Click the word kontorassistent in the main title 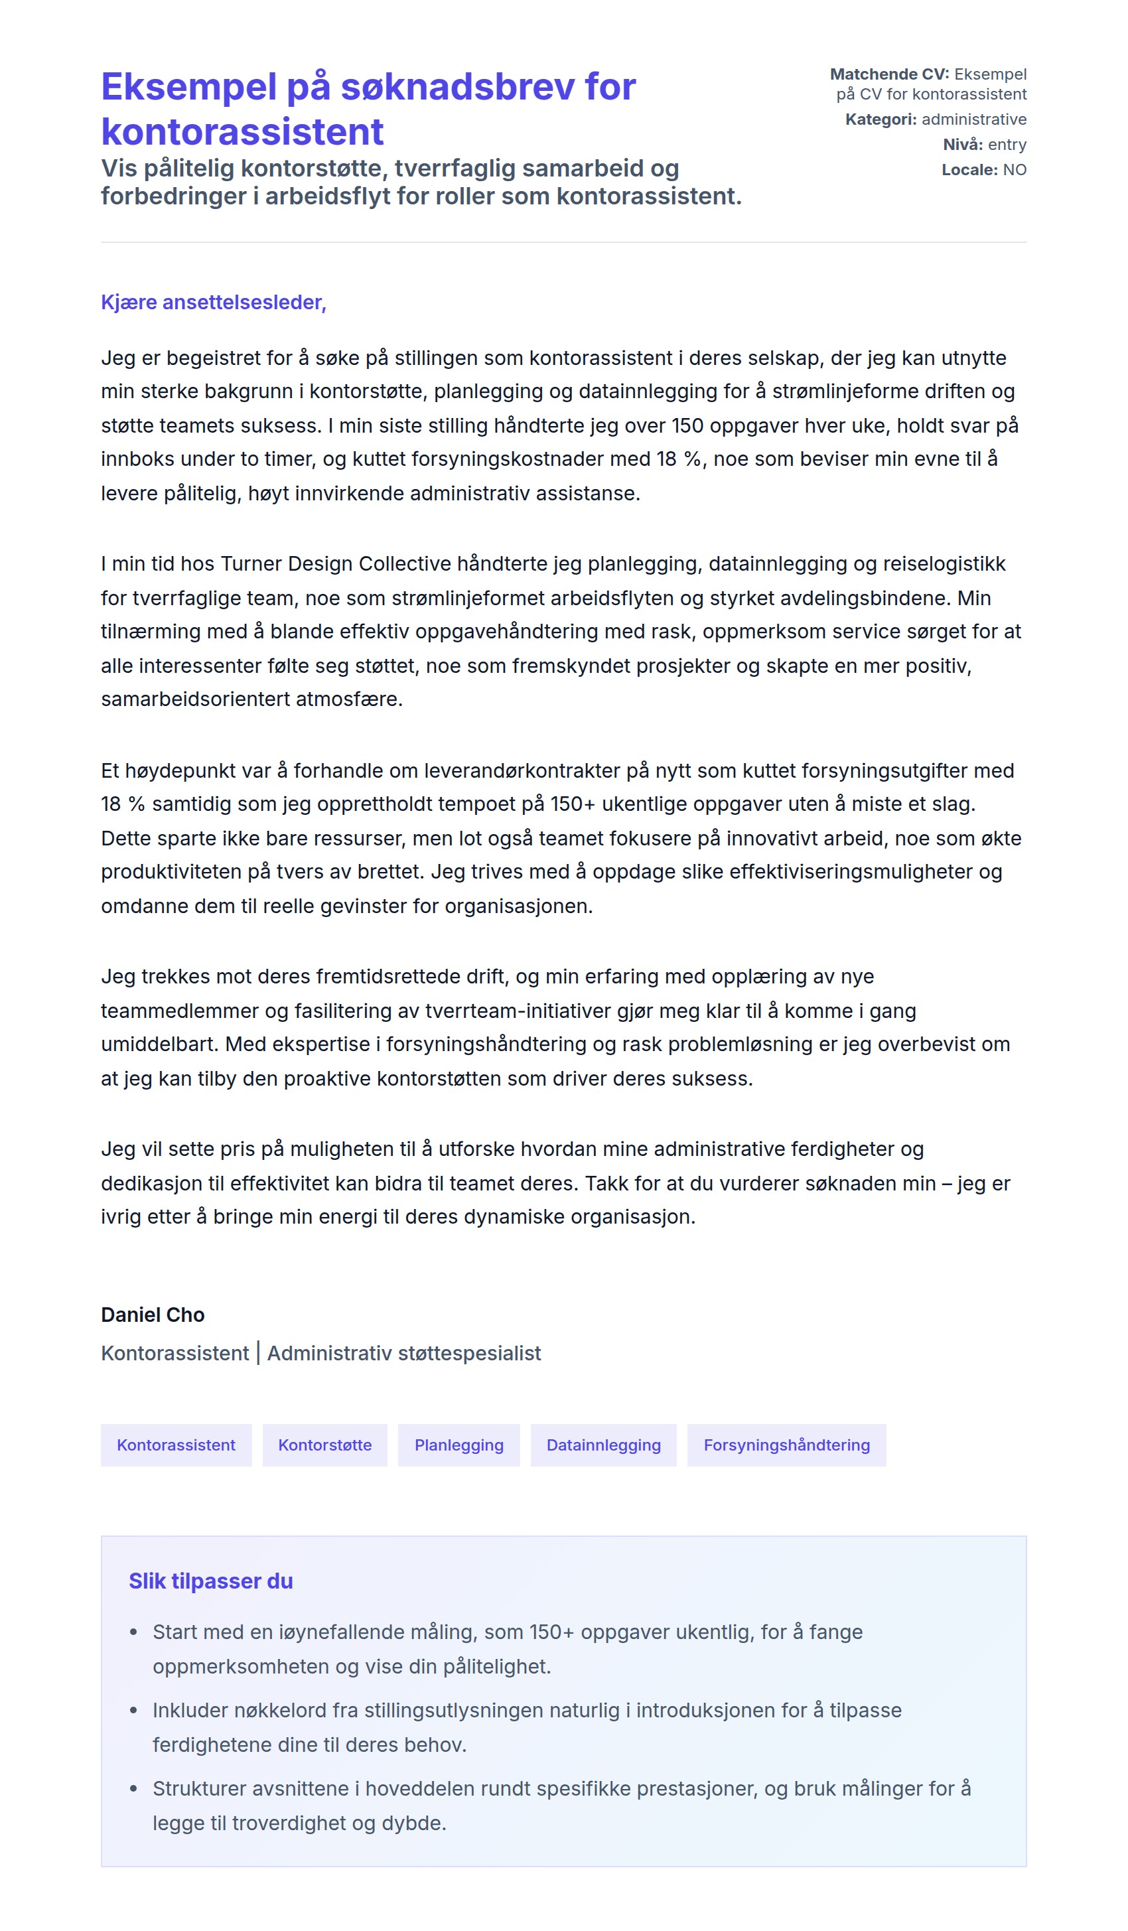(242, 132)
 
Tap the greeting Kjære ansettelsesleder (213, 302)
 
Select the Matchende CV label (889, 74)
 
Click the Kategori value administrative (973, 119)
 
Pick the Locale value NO (1014, 170)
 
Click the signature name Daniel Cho (153, 1315)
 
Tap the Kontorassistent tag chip (176, 1445)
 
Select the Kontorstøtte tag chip (325, 1445)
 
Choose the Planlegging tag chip (459, 1445)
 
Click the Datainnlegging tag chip (603, 1445)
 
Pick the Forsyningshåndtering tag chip (786, 1445)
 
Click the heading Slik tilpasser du (211, 1581)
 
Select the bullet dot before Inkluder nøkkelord (133, 1710)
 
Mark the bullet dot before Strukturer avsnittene (133, 1788)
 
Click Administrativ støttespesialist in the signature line (404, 1353)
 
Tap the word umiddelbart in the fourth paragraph (160, 1044)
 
